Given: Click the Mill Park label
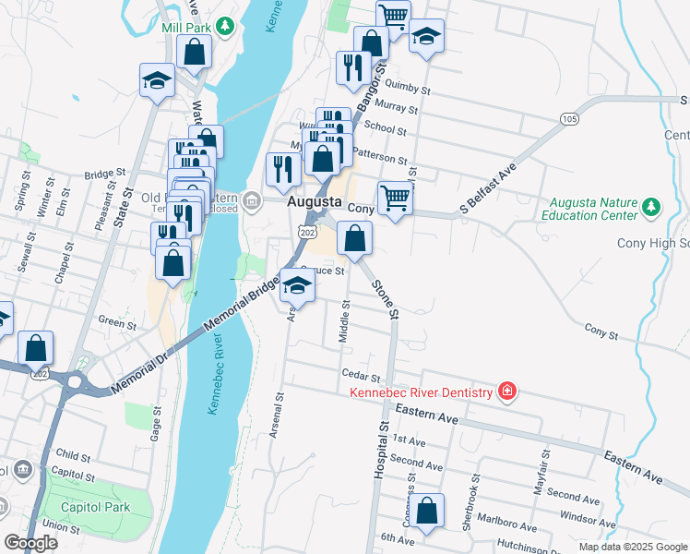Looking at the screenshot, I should point(181,28).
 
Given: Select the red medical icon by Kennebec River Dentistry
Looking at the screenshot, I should point(506,392).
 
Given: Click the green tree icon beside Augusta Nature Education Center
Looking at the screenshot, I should point(651,205).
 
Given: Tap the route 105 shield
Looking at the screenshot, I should point(568,119).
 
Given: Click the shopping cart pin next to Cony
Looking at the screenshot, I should point(395,199).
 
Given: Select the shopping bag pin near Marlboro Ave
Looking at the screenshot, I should point(426,512).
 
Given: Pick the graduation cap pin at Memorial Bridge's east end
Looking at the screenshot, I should point(297,286).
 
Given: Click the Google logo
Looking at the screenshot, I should point(30,543).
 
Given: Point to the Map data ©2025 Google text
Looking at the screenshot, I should point(632,547).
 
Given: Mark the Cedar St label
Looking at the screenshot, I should point(361,377).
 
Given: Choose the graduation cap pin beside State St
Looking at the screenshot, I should point(157,81).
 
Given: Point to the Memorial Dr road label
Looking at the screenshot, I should point(138,368).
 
